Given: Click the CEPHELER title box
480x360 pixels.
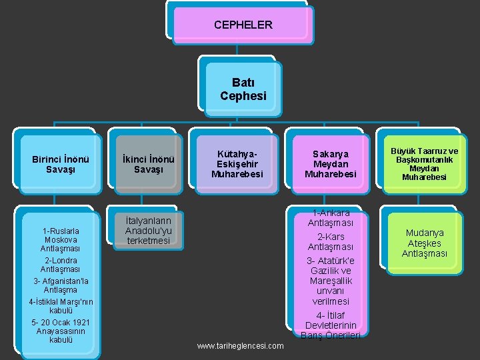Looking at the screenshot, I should click(x=243, y=25).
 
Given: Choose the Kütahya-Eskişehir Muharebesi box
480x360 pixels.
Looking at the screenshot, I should click(x=237, y=164).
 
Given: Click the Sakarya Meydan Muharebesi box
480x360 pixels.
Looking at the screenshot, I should click(x=330, y=164).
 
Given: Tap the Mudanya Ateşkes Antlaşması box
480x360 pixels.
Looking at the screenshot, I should click(x=424, y=243).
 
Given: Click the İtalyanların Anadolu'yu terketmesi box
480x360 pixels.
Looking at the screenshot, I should click(x=147, y=230).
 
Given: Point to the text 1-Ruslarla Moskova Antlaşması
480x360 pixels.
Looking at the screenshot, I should click(x=61, y=239).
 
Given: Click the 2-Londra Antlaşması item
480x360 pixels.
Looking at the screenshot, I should click(x=61, y=265).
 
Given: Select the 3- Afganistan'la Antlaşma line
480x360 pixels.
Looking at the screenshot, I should click(x=61, y=285).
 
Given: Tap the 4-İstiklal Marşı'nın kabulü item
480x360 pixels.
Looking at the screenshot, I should click(x=61, y=306).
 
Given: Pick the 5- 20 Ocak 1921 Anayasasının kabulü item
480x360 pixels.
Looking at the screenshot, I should click(x=61, y=331).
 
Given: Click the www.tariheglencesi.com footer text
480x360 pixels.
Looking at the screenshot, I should click(x=241, y=345).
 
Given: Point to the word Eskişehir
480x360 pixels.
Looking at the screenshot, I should click(x=237, y=164).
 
